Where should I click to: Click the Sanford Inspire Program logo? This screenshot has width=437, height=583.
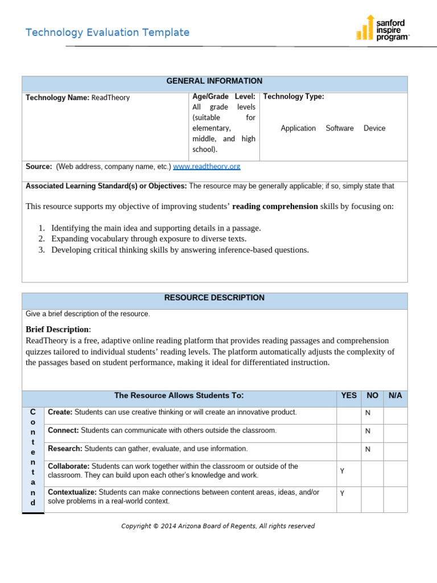click(x=382, y=28)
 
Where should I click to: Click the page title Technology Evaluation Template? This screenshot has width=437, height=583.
click(x=108, y=32)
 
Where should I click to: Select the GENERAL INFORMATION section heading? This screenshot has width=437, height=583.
click(x=214, y=81)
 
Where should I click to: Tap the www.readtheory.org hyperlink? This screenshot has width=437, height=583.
click(x=207, y=167)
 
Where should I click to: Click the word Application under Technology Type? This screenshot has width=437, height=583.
click(x=298, y=129)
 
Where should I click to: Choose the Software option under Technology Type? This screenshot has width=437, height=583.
click(x=340, y=129)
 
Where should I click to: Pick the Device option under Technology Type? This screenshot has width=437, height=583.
click(x=374, y=129)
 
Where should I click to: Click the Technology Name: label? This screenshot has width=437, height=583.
click(x=57, y=98)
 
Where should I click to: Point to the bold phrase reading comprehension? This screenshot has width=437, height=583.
click(x=275, y=207)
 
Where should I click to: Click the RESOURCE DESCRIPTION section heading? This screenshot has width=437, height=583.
click(x=214, y=298)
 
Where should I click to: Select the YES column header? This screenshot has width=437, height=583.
click(x=349, y=396)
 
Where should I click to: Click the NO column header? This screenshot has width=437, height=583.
click(x=372, y=396)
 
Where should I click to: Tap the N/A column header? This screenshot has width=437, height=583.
click(x=395, y=396)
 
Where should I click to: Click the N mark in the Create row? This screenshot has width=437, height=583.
click(x=368, y=413)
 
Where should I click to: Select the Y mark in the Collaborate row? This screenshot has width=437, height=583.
click(x=342, y=471)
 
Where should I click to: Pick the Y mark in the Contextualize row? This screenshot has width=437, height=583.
click(x=342, y=494)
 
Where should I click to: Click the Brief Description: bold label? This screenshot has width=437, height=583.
click(x=58, y=330)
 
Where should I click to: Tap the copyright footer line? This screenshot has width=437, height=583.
click(x=218, y=526)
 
